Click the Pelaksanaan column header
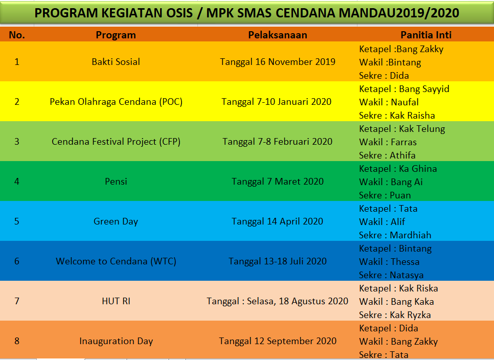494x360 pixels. tap(278, 35)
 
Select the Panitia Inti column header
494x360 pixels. tap(426, 35)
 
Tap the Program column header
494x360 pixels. tap(116, 35)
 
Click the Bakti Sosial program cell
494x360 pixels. tap(116, 62)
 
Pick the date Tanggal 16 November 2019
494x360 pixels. tap(278, 62)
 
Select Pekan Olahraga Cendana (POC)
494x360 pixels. tap(116, 102)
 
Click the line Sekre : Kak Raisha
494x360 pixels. tap(397, 115)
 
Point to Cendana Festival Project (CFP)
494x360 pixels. tap(116, 142)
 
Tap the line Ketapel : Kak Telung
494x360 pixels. tap(402, 129)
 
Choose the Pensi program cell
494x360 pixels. tap(116, 182)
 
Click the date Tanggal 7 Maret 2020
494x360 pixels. tap(278, 182)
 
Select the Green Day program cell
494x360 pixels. tap(116, 221)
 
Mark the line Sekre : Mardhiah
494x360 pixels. tap(395, 235)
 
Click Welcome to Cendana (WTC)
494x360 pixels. tap(116, 261)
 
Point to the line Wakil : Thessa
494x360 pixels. tap(389, 262)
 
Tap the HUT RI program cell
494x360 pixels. tap(116, 301)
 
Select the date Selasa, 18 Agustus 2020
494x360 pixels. tap(298, 301)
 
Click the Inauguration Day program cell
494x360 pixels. tap(116, 341)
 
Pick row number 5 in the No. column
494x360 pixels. tap(17, 221)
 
